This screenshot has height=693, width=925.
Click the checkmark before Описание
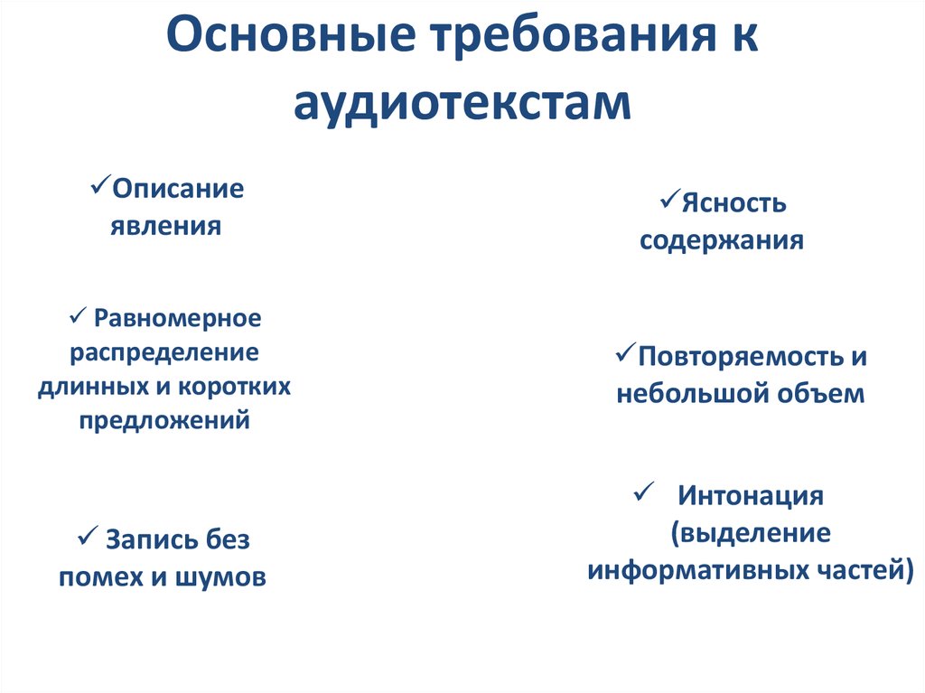click(100, 187)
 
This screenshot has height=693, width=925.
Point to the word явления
click(166, 225)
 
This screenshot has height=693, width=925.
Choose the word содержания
click(722, 241)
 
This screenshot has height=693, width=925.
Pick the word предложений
click(164, 419)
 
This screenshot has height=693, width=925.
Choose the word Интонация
click(751, 496)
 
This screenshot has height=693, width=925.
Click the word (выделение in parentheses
click(750, 532)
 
